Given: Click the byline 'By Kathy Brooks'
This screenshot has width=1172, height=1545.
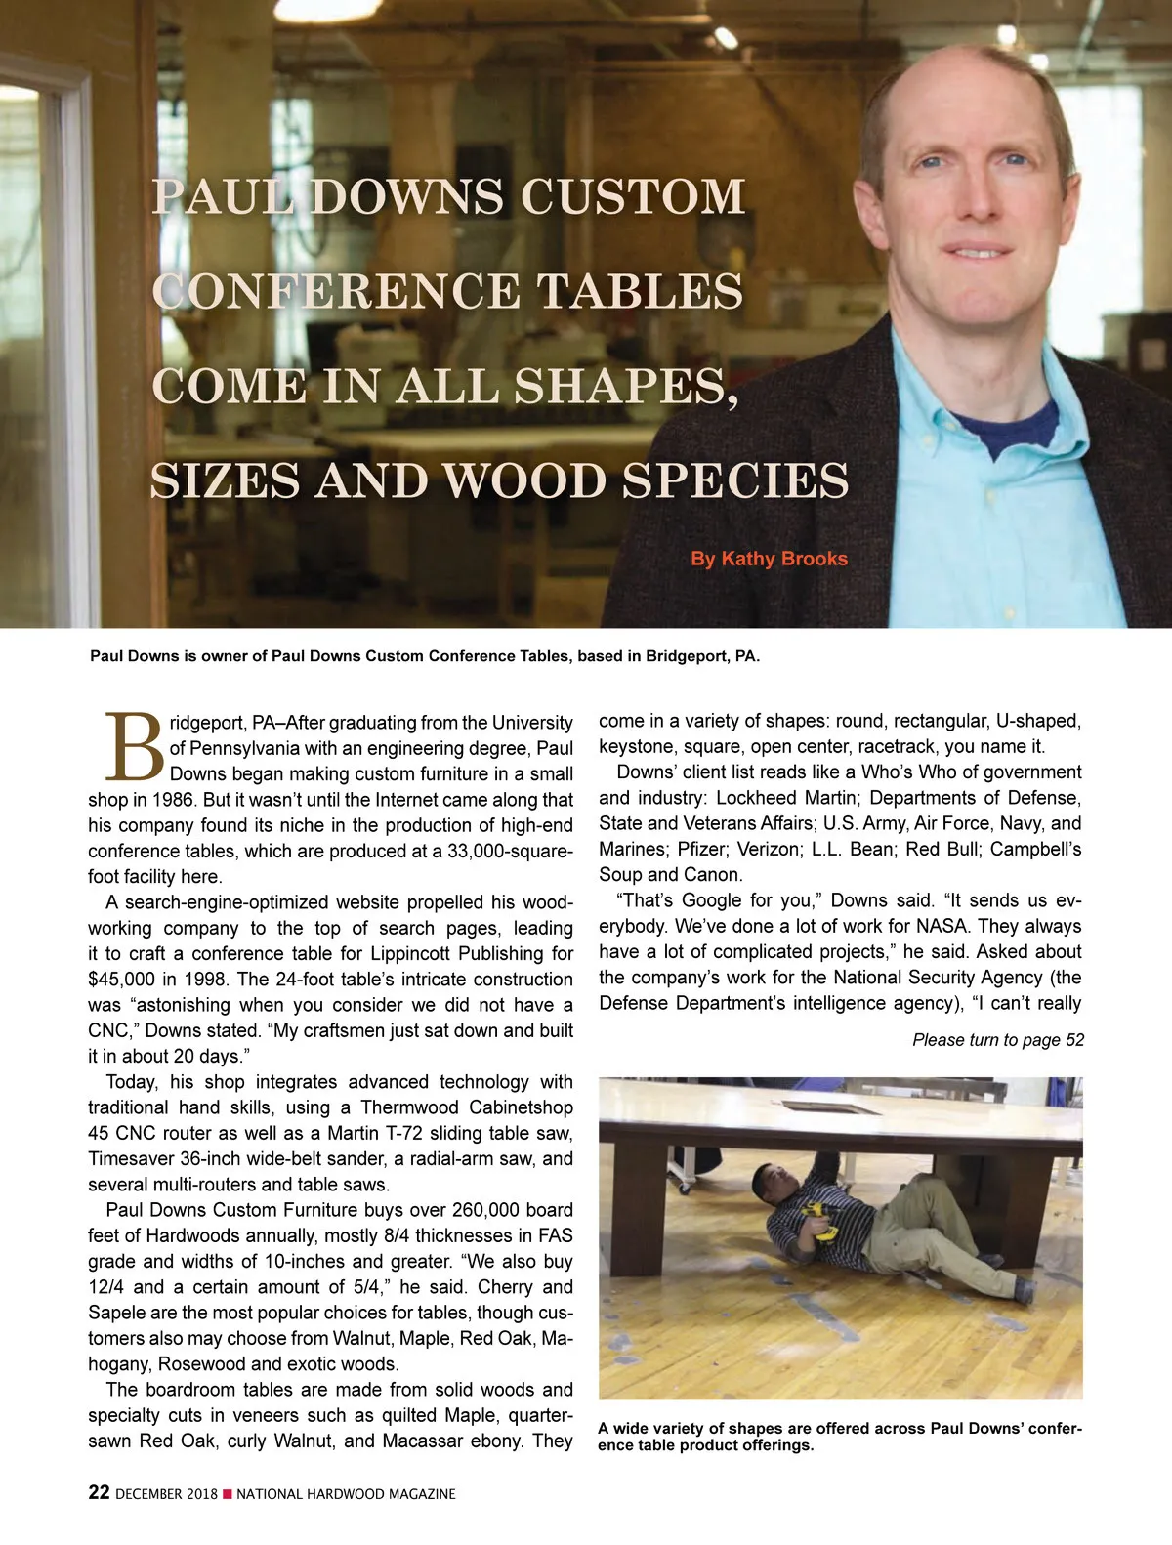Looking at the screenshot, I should point(769,559).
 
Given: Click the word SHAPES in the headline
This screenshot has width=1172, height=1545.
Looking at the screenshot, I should point(624,387).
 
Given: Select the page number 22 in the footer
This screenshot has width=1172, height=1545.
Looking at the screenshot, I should point(99,1492).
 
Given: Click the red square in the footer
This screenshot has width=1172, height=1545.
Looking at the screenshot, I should point(228,1494).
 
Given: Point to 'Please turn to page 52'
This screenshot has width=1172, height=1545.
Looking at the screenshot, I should point(997,1040).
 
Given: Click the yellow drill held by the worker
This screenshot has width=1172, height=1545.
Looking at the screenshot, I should point(817,1221).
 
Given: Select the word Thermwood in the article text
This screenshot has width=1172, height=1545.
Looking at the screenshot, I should point(410,1107).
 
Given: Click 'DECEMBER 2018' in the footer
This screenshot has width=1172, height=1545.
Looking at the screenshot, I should point(166,1494).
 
